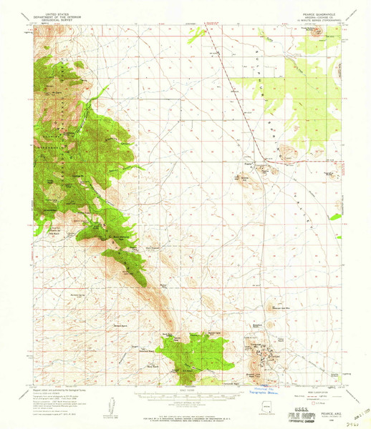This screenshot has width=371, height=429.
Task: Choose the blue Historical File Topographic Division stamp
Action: [x=267, y=391]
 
